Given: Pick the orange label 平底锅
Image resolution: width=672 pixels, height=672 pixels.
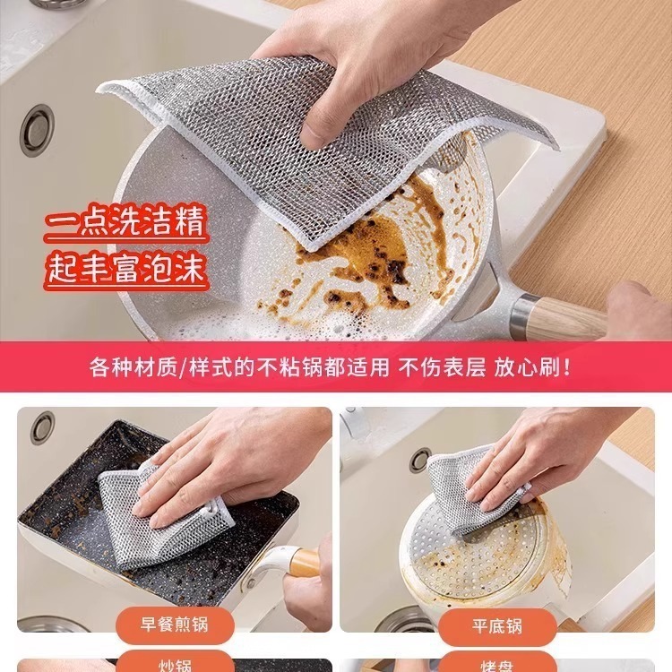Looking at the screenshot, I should (x=497, y=624).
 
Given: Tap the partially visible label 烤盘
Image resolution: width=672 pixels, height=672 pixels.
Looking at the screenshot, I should (x=497, y=666).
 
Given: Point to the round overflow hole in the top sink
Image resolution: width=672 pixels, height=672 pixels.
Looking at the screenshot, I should (x=37, y=129).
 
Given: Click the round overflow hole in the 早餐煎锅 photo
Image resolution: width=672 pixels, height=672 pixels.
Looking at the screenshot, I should (x=42, y=427).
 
